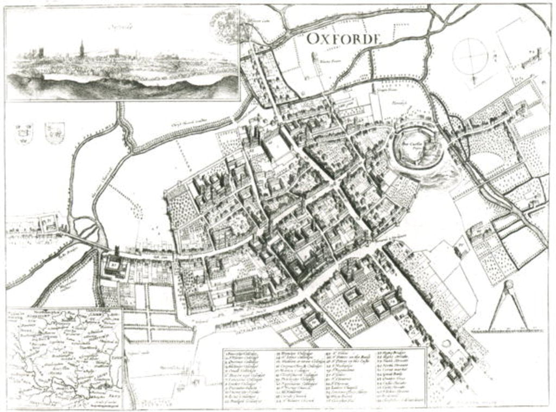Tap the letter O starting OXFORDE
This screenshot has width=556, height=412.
pyautogui.click(x=312, y=38)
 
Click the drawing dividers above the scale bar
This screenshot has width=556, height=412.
pyautogui.click(x=509, y=305)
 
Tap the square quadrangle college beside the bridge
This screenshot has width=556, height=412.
pyautogui.click(x=115, y=266)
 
